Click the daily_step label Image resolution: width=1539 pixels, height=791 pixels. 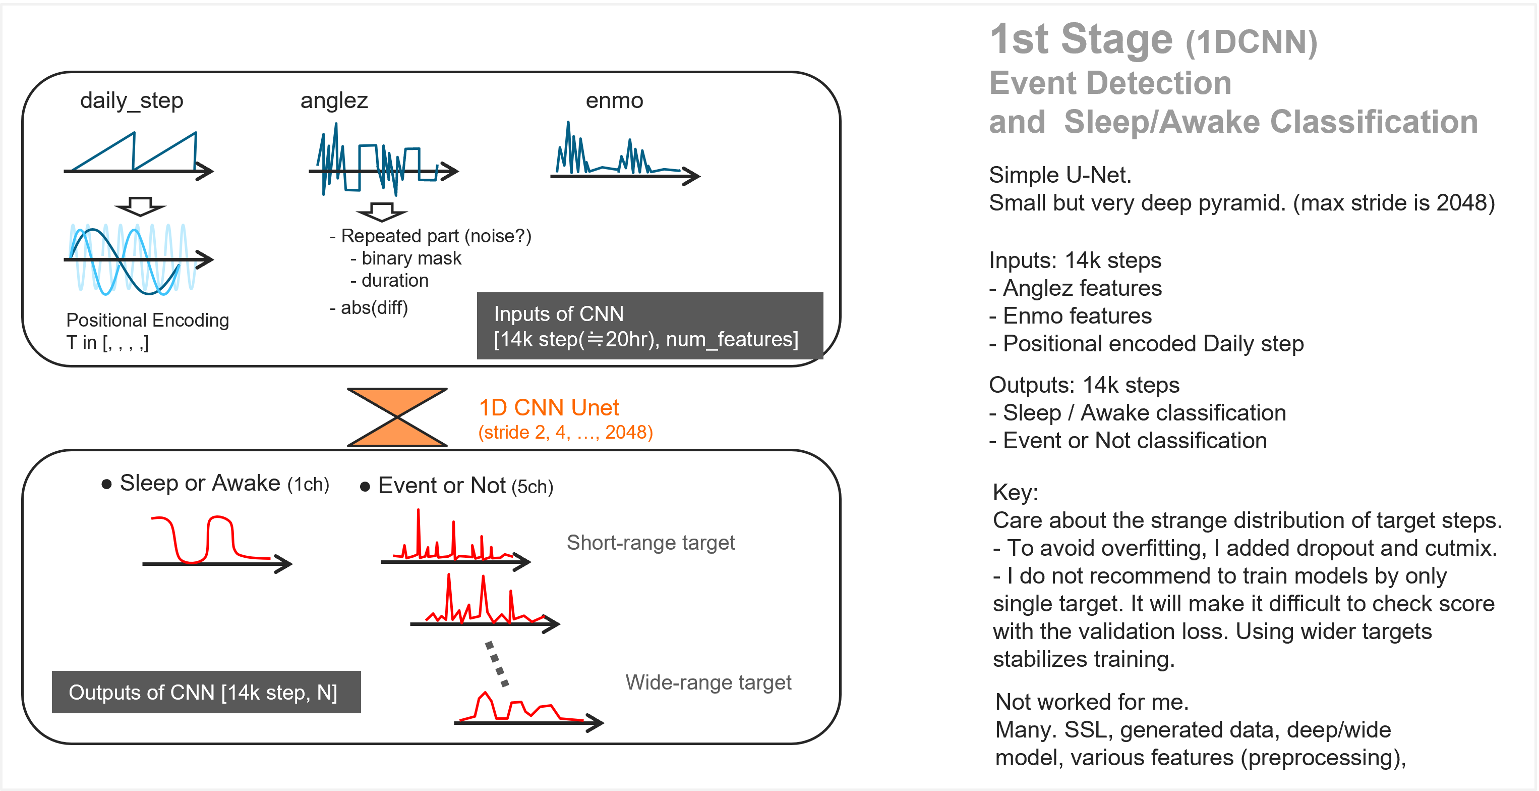point(132,100)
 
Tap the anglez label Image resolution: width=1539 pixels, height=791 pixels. point(334,100)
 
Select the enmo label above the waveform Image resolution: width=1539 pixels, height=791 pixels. point(614,100)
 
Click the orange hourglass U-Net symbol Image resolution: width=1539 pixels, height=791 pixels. point(397,417)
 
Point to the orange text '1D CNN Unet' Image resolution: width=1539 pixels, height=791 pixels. point(549,408)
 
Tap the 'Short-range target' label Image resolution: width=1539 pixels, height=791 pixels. point(650,542)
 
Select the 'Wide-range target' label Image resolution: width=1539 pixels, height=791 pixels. point(708,682)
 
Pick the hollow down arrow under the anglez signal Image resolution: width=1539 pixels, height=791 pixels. point(382,212)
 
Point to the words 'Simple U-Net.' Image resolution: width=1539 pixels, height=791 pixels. point(1060,175)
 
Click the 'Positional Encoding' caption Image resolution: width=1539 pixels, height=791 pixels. point(148,321)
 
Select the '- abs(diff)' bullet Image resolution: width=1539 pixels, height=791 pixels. point(369,308)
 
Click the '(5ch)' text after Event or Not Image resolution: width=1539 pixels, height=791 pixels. point(532,487)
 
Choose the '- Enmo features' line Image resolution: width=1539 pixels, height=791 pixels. point(1070,315)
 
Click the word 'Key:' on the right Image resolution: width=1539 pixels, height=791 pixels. point(1015,493)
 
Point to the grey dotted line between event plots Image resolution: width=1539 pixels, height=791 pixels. point(497,664)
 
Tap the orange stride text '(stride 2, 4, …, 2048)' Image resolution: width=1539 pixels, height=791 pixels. point(565,432)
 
